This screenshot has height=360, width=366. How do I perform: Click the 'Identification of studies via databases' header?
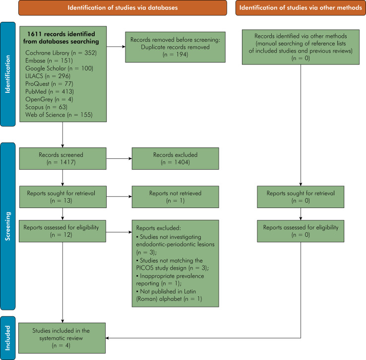122,8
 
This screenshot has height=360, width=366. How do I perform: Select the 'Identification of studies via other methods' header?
301,8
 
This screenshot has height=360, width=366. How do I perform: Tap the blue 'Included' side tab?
8,338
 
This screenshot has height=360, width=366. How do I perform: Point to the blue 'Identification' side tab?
8,74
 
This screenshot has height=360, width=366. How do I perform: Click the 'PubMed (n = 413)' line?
50,91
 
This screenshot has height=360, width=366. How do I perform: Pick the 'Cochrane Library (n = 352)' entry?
61,53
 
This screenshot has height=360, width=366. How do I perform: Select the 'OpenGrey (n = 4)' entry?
49,99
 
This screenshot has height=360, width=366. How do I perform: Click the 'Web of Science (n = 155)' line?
59,115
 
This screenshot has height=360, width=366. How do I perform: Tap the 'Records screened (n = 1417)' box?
63,158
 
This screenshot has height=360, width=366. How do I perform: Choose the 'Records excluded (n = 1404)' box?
175,158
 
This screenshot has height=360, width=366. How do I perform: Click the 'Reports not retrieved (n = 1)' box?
175,197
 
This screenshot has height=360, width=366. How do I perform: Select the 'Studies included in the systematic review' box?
62,338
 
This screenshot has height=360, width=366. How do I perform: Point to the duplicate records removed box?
175,47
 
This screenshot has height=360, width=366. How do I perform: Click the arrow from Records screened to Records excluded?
119,158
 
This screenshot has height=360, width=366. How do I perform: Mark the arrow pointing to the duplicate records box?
116,47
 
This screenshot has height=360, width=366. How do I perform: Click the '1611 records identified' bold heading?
61,38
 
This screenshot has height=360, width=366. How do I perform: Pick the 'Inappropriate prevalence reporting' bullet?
170,280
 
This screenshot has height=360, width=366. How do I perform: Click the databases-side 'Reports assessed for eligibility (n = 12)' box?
62,231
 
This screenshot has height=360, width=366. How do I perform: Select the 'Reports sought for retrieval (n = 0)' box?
301,197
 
